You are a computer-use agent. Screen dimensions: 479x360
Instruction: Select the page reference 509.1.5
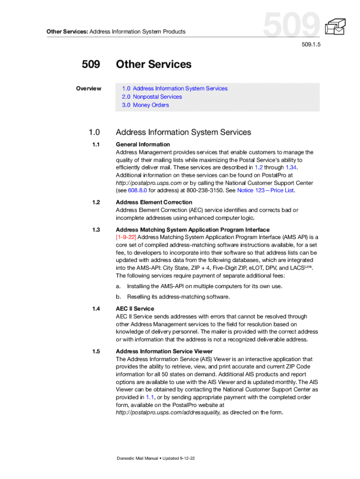[312, 45]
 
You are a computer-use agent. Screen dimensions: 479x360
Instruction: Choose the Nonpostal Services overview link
[152, 97]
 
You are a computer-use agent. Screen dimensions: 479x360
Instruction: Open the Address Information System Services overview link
[175, 88]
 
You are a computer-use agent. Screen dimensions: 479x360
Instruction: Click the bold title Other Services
[154, 65]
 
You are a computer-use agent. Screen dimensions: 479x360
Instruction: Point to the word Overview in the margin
[89, 88]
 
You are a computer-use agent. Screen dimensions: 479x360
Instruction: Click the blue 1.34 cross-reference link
[291, 167]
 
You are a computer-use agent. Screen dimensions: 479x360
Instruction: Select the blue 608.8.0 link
[132, 190]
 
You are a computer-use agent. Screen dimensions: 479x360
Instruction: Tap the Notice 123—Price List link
[266, 190]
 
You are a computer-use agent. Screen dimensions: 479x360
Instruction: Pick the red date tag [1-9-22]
[126, 237]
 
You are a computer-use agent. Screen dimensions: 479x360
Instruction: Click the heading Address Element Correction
[154, 203]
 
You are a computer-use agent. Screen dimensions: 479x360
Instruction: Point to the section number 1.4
[96, 309]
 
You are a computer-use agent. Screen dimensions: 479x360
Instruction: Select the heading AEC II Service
[135, 309]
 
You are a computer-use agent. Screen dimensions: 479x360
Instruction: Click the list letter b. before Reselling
[119, 297]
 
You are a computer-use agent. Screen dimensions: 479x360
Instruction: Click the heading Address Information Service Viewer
[164, 351]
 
